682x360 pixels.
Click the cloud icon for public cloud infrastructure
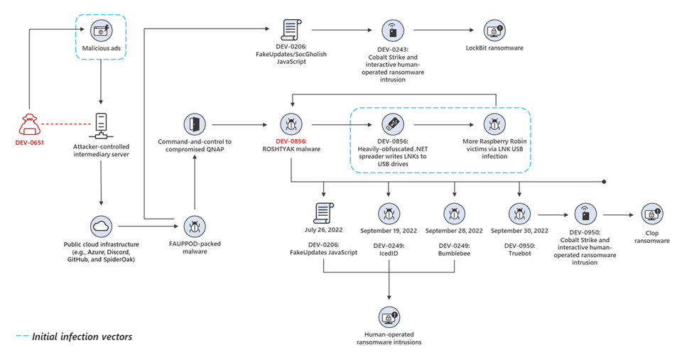[100, 226]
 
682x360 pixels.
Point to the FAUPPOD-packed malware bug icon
[195, 226]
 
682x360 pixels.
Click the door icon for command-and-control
[195, 124]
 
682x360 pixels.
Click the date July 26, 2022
[325, 231]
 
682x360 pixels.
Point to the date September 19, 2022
[389, 231]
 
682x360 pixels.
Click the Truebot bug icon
[519, 212]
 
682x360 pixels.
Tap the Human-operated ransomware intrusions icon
[389, 317]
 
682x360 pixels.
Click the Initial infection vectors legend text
[82, 337]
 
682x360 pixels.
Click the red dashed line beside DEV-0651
[64, 125]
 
